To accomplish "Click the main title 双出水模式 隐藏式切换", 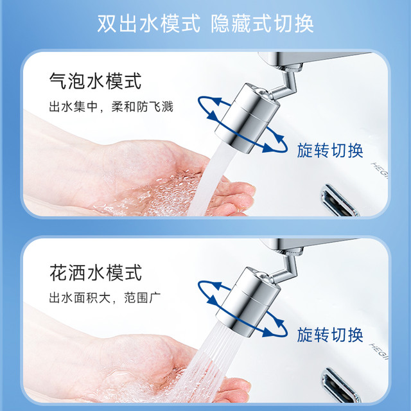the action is tap(205, 24).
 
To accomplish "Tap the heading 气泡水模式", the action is tap(96, 81).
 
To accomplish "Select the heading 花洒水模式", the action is tap(96, 272).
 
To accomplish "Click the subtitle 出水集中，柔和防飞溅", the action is tap(111, 107).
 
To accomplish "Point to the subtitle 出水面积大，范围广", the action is tap(105, 297).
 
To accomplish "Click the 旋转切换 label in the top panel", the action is tap(330, 151).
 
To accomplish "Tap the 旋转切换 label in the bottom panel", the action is tap(330, 335).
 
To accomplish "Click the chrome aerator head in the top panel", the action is tap(247, 118).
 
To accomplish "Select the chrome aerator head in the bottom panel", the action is tap(248, 302).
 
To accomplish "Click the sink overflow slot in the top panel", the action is tap(339, 200).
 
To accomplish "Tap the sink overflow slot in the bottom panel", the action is tap(340, 385).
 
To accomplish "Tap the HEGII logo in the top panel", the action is tap(380, 170).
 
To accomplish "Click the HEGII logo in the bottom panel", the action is tap(379, 352).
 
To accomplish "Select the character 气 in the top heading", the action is tap(58, 81).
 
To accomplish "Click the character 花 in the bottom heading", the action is tap(58, 272).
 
